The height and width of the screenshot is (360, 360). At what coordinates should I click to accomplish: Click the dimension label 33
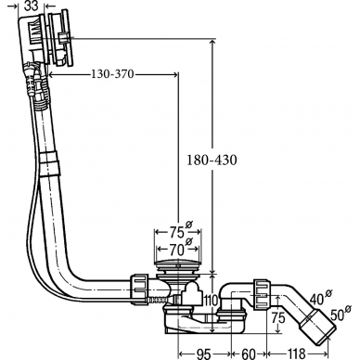tap(32, 6)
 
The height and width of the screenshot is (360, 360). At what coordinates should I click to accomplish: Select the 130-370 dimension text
tap(112, 74)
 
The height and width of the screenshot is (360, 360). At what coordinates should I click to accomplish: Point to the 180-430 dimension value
tap(212, 160)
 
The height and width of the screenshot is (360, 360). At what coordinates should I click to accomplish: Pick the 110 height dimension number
tap(212, 300)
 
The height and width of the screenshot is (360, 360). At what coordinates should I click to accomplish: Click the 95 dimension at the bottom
tap(203, 354)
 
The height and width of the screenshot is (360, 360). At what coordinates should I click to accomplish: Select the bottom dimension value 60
tap(249, 354)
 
